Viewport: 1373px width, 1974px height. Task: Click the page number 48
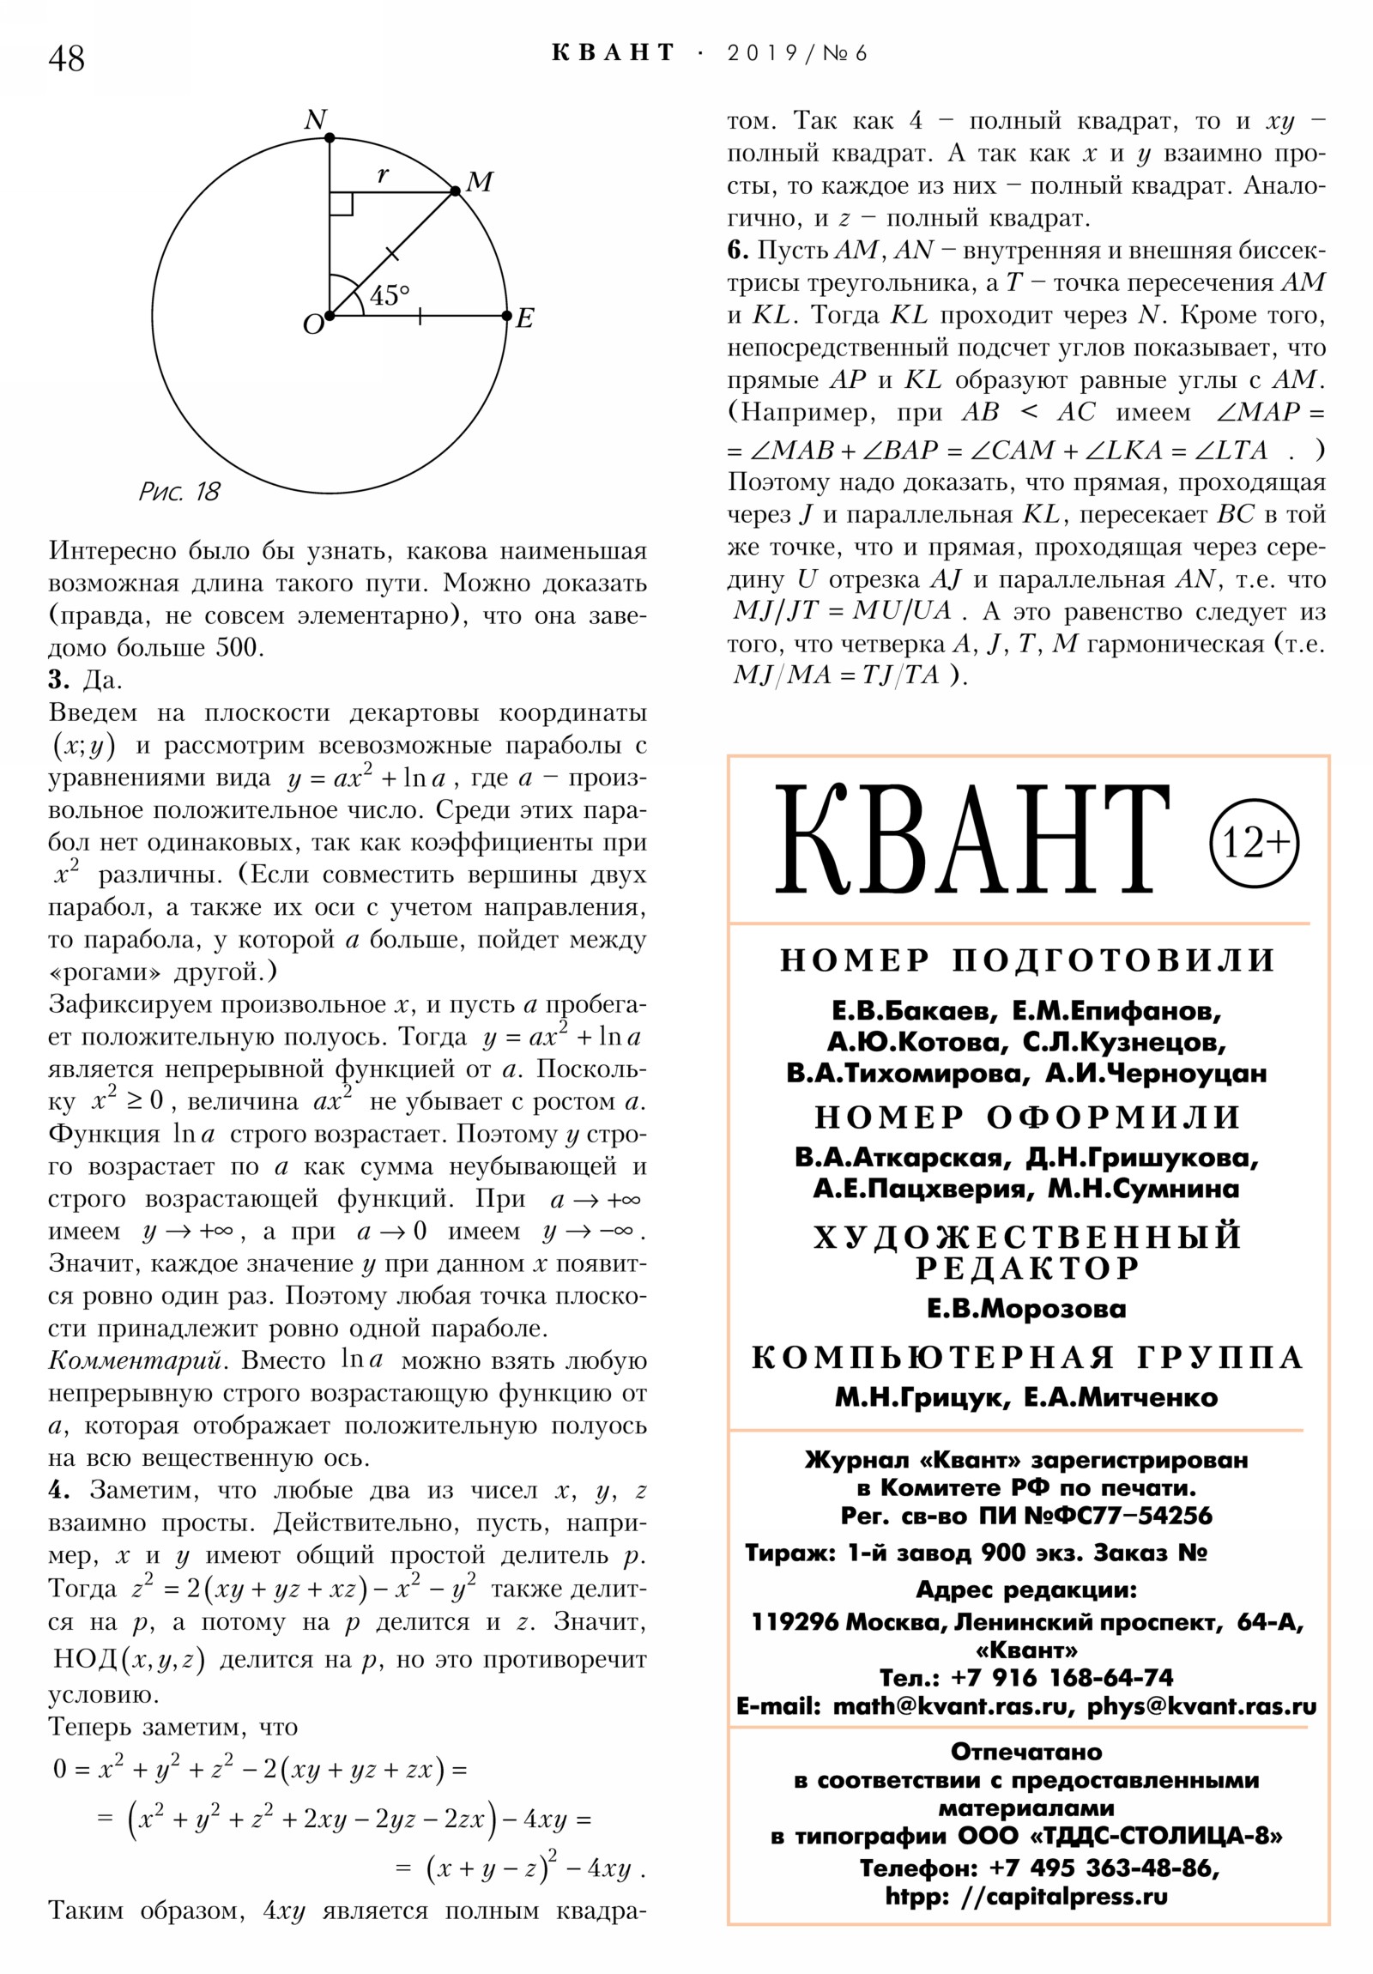pyautogui.click(x=66, y=59)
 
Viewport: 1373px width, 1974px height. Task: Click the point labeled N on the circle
pyautogui.click(x=330, y=137)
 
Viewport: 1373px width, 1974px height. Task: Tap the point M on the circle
pyautogui.click(x=456, y=191)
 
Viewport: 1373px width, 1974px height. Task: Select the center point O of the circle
pyautogui.click(x=330, y=316)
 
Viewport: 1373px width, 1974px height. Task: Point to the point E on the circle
pyautogui.click(x=507, y=316)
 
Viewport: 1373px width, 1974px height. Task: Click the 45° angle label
pyautogui.click(x=390, y=295)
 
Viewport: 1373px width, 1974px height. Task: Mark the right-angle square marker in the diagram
pyautogui.click(x=342, y=203)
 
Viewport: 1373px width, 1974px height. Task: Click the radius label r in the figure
pyautogui.click(x=383, y=174)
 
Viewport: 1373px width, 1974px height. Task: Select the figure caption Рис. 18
pyautogui.click(x=178, y=492)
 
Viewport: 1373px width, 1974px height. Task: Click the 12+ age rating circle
pyautogui.click(x=1254, y=843)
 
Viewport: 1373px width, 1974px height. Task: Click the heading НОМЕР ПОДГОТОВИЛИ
pyautogui.click(x=1028, y=960)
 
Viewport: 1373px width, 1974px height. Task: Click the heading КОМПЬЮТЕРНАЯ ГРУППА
pyautogui.click(x=1027, y=1358)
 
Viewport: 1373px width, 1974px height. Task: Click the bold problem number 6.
pyautogui.click(x=738, y=251)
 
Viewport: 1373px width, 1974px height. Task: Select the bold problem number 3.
pyautogui.click(x=58, y=680)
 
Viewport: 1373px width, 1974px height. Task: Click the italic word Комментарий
pyautogui.click(x=138, y=1361)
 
